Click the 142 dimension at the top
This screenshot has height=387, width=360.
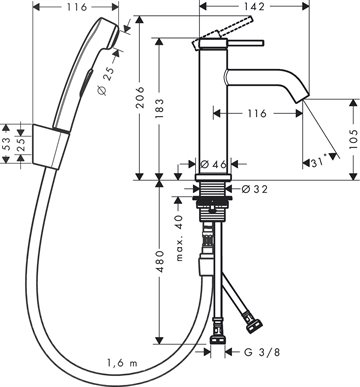255,6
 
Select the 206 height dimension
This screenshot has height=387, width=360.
141,97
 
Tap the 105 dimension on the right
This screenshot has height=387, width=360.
354,139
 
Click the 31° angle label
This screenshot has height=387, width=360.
318,163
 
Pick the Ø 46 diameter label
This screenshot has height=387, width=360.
214,164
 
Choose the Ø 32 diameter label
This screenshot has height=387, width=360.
255,189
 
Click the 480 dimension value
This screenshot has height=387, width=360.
160,261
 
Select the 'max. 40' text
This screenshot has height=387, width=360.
179,237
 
